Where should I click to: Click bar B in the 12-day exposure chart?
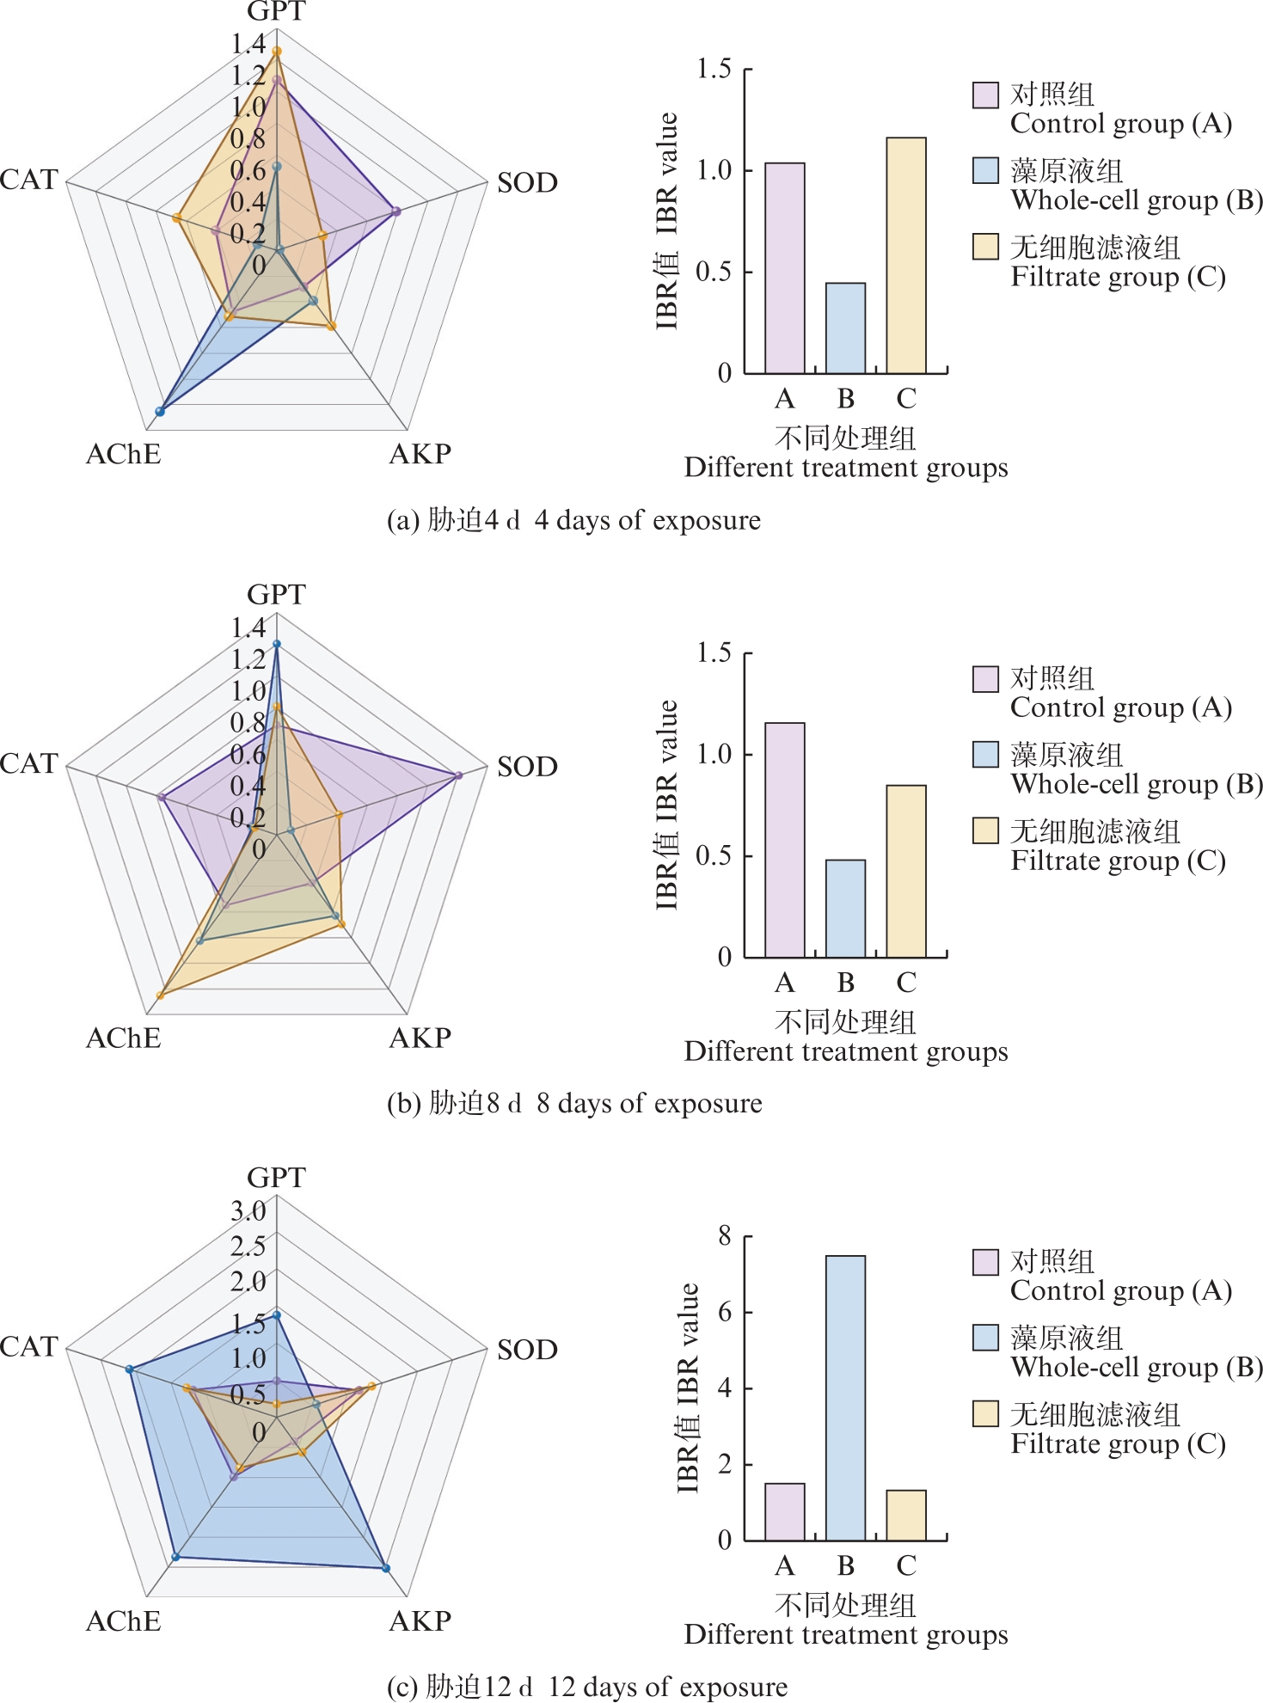(845, 1397)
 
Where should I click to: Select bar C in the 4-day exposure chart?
(906, 255)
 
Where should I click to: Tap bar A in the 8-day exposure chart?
(785, 840)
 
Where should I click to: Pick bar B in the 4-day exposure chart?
(845, 328)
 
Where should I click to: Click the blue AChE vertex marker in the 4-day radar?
(160, 412)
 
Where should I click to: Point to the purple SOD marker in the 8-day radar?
(458, 775)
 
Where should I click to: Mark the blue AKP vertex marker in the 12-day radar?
(386, 1568)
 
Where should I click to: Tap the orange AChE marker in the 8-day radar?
(160, 995)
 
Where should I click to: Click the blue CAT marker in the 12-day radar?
(129, 1369)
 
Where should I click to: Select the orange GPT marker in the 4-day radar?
(277, 52)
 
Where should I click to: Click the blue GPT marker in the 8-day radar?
(277, 644)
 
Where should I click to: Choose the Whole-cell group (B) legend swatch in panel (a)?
(985, 170)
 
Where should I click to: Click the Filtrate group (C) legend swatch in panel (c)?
(985, 1413)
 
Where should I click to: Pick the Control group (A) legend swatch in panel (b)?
(985, 678)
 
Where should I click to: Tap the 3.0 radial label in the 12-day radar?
(248, 1210)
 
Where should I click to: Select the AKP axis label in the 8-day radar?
(420, 1038)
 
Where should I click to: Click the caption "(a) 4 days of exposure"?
(573, 520)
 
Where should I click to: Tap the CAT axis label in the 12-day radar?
(29, 1345)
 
